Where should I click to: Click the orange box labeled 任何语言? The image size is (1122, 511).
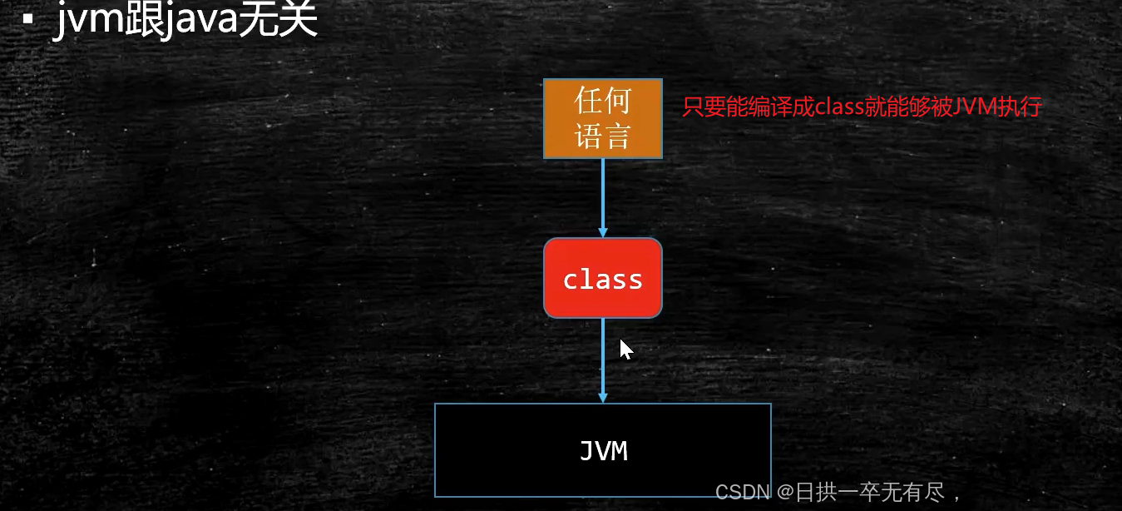click(x=603, y=118)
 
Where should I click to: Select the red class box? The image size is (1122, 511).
click(x=603, y=278)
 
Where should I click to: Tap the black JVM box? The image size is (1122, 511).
click(x=603, y=450)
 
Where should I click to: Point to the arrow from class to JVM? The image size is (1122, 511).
click(x=603, y=360)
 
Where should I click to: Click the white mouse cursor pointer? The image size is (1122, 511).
click(x=625, y=348)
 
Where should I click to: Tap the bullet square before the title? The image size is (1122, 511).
click(x=27, y=18)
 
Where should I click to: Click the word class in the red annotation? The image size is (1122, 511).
click(x=838, y=107)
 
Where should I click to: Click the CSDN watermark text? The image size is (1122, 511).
click(x=742, y=493)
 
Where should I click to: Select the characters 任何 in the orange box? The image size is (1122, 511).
click(x=603, y=101)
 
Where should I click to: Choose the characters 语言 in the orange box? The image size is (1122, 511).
click(x=603, y=136)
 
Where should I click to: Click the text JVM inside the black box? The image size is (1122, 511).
click(x=603, y=451)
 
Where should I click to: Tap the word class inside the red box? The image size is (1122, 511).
click(x=603, y=279)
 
